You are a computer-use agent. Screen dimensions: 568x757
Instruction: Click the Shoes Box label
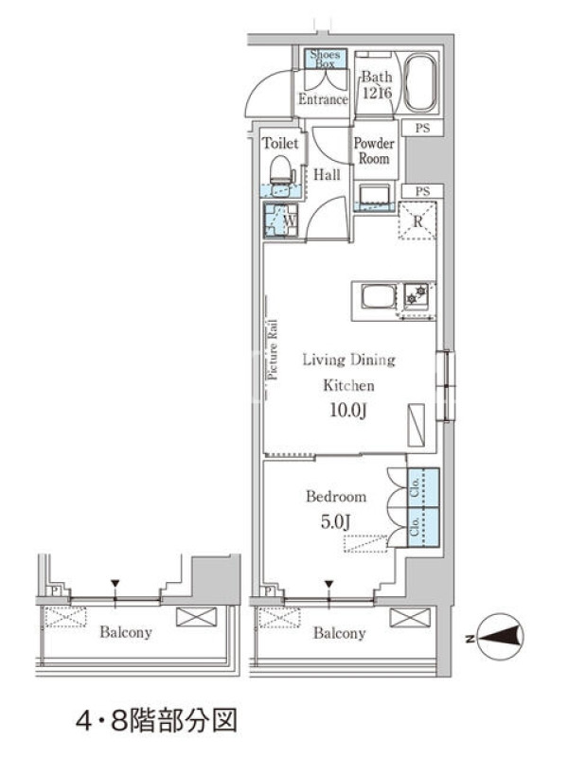tap(325, 59)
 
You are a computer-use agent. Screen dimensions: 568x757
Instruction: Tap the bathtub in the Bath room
tap(419, 82)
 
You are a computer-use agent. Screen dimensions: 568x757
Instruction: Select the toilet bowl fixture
tap(281, 170)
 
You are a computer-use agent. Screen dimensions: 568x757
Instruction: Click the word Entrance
tap(323, 99)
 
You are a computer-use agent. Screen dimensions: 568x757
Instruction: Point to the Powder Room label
tap(374, 150)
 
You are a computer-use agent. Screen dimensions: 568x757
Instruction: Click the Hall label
tap(327, 175)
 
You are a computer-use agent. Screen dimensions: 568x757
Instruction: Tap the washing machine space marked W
tap(280, 220)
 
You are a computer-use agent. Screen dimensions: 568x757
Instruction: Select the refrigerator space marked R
tap(417, 220)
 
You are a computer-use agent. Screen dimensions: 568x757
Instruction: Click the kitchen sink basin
tap(380, 296)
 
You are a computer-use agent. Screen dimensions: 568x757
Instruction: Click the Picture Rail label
tap(273, 349)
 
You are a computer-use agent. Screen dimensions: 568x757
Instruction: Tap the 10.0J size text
tap(348, 411)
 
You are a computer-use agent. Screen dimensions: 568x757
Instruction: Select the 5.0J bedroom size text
tap(336, 521)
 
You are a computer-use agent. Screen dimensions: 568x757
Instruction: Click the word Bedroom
tap(336, 496)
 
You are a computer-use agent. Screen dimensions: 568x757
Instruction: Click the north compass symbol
tap(500, 637)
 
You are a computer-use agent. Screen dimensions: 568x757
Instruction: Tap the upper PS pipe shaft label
tap(422, 129)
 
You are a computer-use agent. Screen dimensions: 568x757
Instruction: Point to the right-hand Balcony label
tap(340, 633)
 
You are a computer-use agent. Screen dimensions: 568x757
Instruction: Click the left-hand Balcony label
tap(126, 632)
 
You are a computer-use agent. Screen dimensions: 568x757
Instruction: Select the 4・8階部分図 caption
tap(156, 721)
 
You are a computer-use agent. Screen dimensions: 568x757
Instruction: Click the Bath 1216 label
tap(377, 84)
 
